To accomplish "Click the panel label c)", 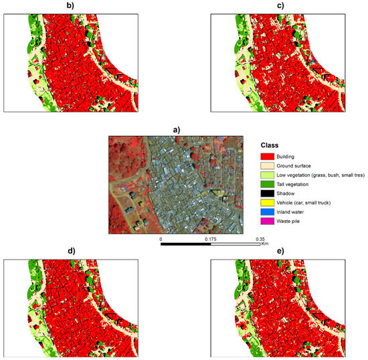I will pyautogui.click(x=280, y=5).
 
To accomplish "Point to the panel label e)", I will pyautogui.click(x=280, y=252).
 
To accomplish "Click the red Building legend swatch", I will pyautogui.click(x=267, y=155).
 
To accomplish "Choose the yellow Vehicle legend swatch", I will pyautogui.click(x=267, y=202).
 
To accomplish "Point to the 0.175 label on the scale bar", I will pyautogui.click(x=210, y=238).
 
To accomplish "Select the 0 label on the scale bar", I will pyautogui.click(x=161, y=238).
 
